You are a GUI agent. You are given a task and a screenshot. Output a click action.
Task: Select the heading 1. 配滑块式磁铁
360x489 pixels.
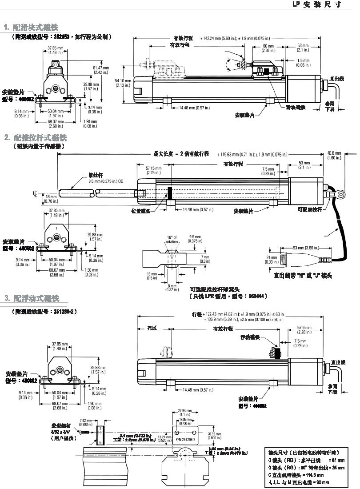click(31, 28)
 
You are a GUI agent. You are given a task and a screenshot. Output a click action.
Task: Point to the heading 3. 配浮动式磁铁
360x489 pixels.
click(32, 298)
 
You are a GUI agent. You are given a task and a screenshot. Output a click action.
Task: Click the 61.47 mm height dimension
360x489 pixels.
click(100, 69)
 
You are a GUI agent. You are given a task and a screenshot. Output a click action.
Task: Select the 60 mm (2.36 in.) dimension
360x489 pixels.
click(268, 48)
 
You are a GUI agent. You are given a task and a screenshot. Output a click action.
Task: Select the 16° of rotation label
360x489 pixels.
click(172, 239)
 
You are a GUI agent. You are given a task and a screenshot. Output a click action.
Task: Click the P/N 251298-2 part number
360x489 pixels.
click(184, 439)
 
